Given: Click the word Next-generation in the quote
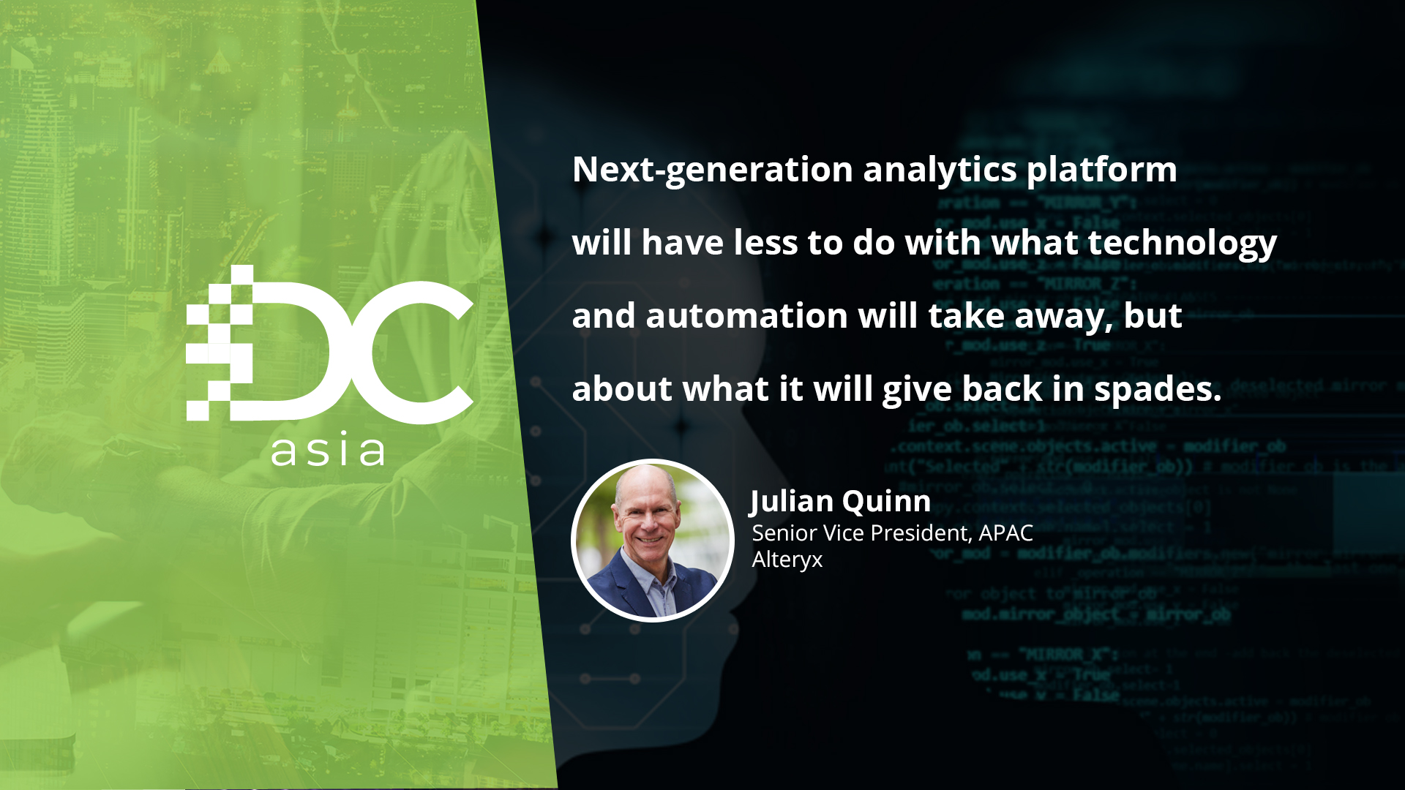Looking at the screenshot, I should [712, 170].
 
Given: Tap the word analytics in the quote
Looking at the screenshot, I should [940, 170].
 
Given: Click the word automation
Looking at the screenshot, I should [746, 316].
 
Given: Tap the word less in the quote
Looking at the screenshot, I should [765, 243].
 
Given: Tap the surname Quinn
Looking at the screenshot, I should [886, 502].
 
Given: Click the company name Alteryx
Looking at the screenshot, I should [787, 560].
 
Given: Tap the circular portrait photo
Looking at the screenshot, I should [652, 541].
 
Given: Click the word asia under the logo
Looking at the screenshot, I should [328, 451].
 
